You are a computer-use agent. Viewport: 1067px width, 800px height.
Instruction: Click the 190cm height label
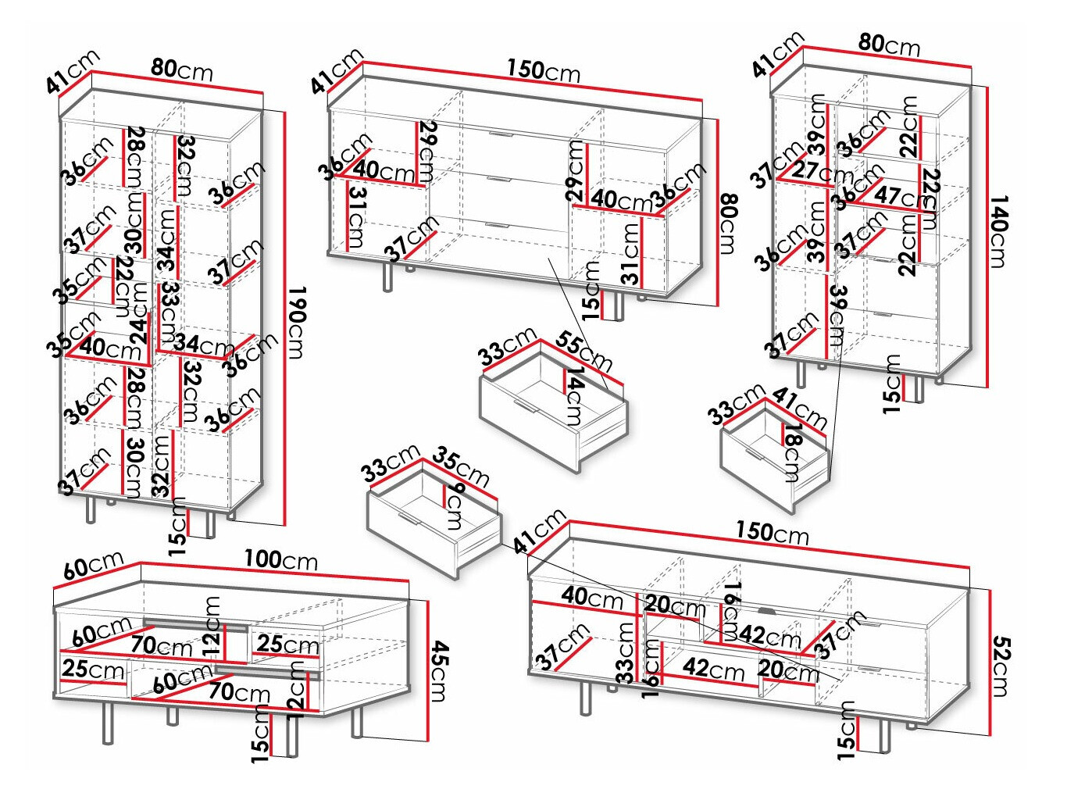297,322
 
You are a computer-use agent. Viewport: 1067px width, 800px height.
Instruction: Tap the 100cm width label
280,560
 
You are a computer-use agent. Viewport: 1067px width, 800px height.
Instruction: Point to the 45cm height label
439,670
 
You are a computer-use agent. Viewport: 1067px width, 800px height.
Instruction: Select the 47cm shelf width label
897,195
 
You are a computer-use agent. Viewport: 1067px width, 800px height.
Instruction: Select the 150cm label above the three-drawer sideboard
543,70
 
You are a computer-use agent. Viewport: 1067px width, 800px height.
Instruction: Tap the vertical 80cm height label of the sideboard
727,223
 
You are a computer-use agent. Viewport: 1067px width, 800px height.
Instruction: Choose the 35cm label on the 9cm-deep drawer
461,466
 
